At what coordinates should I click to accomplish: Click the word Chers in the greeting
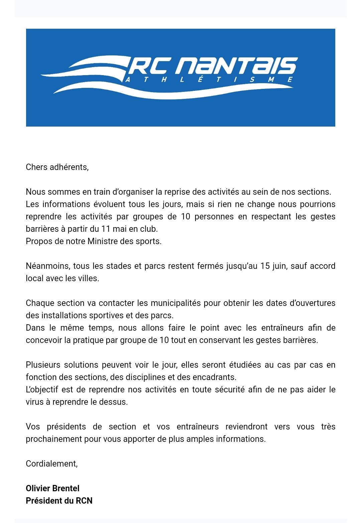pos(36,167)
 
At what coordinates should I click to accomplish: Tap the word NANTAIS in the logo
pos(236,65)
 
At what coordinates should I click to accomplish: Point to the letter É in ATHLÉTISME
pos(200,79)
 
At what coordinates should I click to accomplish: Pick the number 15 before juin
pos(265,266)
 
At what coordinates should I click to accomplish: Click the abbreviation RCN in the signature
pos(84,501)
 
